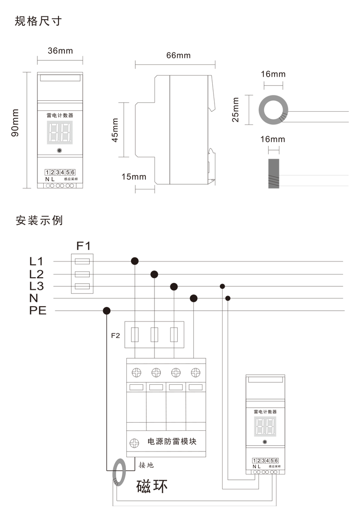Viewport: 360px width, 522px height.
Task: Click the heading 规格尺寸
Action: point(38,21)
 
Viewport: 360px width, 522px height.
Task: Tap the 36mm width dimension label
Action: point(60,50)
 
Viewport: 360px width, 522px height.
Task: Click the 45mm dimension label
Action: point(115,130)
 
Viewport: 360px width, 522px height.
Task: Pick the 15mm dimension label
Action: point(133,177)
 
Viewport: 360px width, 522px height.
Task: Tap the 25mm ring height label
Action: point(236,110)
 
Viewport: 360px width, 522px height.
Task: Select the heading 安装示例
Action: point(39,221)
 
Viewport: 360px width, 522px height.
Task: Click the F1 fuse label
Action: point(84,246)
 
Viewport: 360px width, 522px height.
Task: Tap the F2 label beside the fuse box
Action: point(115,334)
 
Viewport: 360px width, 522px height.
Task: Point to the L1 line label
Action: point(36,261)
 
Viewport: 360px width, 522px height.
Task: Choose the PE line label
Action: point(38,310)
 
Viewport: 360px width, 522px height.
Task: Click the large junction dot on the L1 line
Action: point(135,261)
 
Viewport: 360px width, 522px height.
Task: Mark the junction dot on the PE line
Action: point(107,310)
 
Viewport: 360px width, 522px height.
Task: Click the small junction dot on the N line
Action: point(228,298)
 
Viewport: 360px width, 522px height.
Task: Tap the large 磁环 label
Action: point(152,486)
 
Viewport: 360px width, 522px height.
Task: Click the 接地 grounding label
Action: point(146,464)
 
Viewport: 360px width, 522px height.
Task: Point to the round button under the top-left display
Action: point(60,151)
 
